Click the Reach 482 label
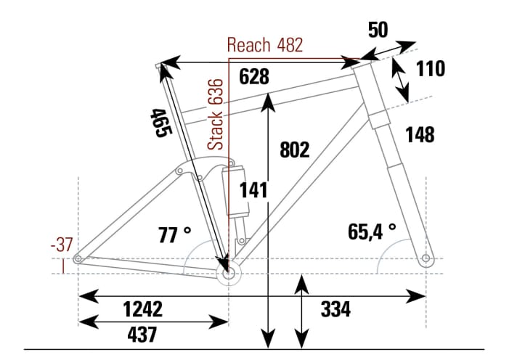click(264, 45)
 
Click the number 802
click(294, 150)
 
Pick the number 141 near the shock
click(254, 191)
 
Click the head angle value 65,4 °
click(372, 232)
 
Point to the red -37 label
click(62, 245)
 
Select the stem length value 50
click(378, 30)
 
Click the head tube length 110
click(430, 69)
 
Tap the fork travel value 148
click(420, 135)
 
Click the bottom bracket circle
click(229, 274)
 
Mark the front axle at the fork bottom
click(426, 259)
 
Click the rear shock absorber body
click(237, 191)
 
